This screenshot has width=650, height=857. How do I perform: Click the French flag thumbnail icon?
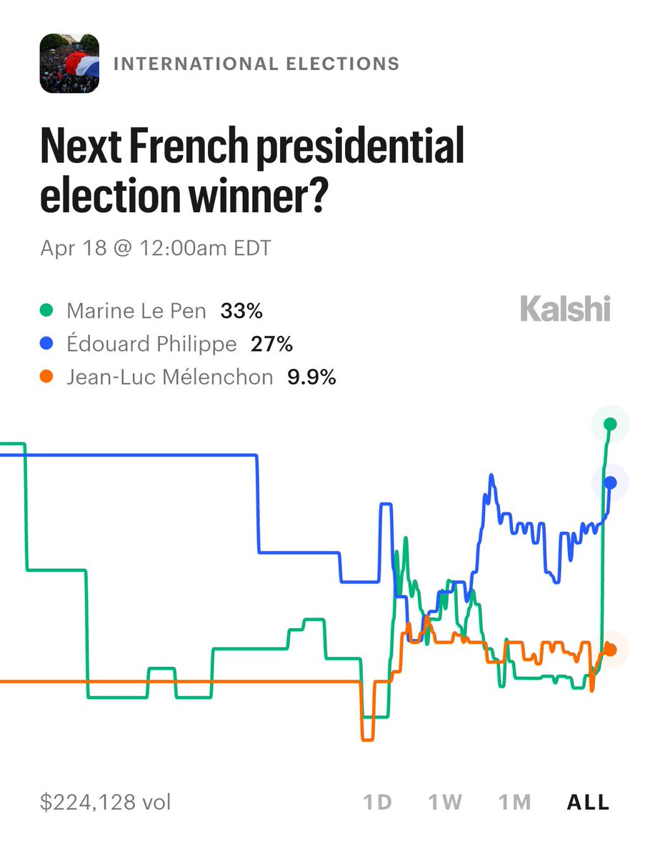[x=69, y=64]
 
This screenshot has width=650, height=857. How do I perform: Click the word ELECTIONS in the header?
[x=343, y=64]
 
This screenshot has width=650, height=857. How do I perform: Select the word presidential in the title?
[x=360, y=147]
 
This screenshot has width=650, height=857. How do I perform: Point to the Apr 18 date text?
[x=74, y=248]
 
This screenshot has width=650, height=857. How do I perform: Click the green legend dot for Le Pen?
[x=46, y=310]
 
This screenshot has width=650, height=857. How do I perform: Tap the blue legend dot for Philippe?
[x=46, y=343]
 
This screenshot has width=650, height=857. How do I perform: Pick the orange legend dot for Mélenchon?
[x=46, y=377]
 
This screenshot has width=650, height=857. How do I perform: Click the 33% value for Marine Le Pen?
[x=241, y=311]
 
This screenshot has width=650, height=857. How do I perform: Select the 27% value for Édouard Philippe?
[x=271, y=345]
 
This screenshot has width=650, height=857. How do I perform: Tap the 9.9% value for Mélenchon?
[x=311, y=377]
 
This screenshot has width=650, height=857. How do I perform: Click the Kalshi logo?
[x=565, y=309]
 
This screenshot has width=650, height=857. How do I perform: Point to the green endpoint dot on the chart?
[x=610, y=424]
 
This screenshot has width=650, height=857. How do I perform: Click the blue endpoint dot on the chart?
[x=610, y=482]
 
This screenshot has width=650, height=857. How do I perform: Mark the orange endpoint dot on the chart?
[x=610, y=649]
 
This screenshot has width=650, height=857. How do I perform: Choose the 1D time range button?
[x=378, y=803]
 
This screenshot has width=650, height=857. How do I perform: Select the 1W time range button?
[x=445, y=803]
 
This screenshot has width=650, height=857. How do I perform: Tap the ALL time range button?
[x=589, y=803]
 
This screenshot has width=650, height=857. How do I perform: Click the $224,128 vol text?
[x=106, y=803]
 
